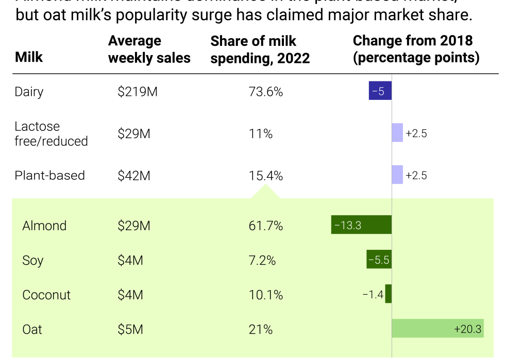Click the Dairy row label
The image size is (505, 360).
(x=29, y=92)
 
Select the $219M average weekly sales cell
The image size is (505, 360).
(x=137, y=92)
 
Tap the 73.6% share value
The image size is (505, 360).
(x=265, y=92)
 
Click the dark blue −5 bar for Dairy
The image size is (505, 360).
(x=380, y=91)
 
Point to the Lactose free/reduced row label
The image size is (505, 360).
(x=51, y=134)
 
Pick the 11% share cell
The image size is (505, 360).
(x=260, y=134)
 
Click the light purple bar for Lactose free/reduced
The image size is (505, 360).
(x=397, y=133)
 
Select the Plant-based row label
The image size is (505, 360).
(x=49, y=175)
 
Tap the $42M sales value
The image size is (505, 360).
(x=133, y=176)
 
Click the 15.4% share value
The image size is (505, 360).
(x=265, y=176)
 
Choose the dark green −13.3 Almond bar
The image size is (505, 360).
(x=361, y=225)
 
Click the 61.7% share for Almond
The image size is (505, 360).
(x=265, y=226)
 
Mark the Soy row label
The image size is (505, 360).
(x=33, y=260)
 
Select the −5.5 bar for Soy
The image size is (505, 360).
(x=379, y=260)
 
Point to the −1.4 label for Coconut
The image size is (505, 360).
(x=373, y=295)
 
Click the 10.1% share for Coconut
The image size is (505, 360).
(x=265, y=295)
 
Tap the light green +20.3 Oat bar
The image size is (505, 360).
(x=437, y=329)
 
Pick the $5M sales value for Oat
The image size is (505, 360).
(x=130, y=329)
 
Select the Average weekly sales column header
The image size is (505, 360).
(x=149, y=49)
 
